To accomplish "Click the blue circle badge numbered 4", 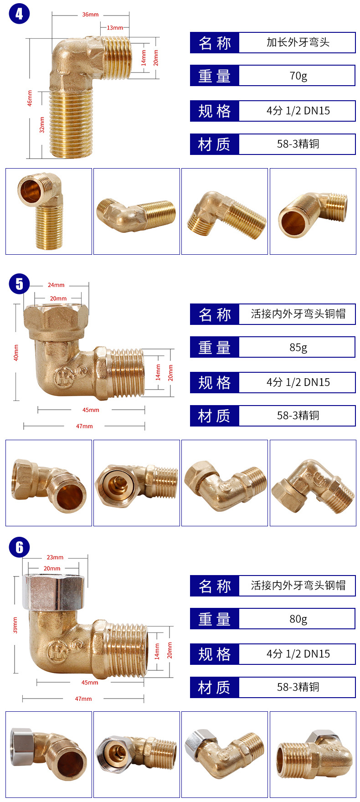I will [19, 13].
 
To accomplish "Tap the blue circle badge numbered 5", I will [19, 284].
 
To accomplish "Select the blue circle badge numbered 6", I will [19, 547].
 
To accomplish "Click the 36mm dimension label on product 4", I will [90, 15].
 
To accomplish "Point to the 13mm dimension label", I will [115, 28].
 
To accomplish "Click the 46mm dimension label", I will [30, 98].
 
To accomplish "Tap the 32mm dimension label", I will [42, 124].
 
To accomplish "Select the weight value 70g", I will [298, 76].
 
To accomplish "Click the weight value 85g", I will [298, 347].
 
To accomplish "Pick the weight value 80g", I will [298, 619].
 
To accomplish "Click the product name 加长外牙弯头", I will [298, 42].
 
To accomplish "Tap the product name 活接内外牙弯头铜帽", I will [298, 314].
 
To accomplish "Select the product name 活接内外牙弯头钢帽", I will [298, 586].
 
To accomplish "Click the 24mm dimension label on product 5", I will [56, 285].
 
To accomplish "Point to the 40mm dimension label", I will [16, 353].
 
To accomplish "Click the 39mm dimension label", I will [15, 625].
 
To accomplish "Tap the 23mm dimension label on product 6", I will [55, 557].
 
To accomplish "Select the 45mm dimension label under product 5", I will [91, 410].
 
